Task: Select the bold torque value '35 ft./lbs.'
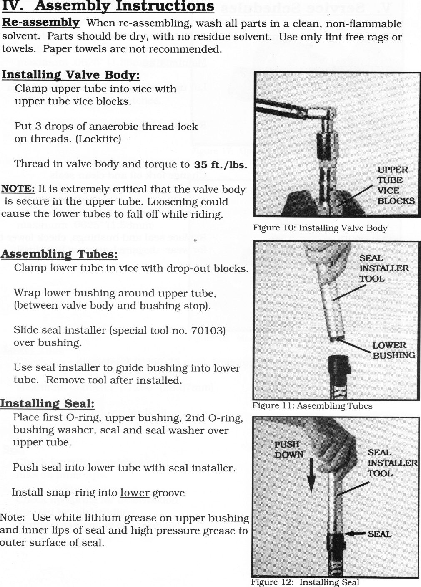[x=221, y=164]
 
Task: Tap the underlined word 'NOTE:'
[x=18, y=189]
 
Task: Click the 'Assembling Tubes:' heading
[x=59, y=254]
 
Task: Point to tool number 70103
[x=208, y=331]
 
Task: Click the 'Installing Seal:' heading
[x=47, y=404]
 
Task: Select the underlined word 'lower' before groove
[x=135, y=493]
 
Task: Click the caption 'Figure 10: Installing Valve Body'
[x=320, y=228]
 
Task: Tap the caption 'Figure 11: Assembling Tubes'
[x=312, y=406]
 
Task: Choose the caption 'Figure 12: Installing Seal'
[x=305, y=582]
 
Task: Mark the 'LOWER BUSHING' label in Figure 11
[x=393, y=350]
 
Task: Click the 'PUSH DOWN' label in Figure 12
[x=289, y=449]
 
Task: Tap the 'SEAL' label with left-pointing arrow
[x=379, y=534]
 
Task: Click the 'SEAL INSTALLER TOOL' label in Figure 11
[x=384, y=268]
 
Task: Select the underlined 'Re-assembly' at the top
[x=40, y=23]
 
